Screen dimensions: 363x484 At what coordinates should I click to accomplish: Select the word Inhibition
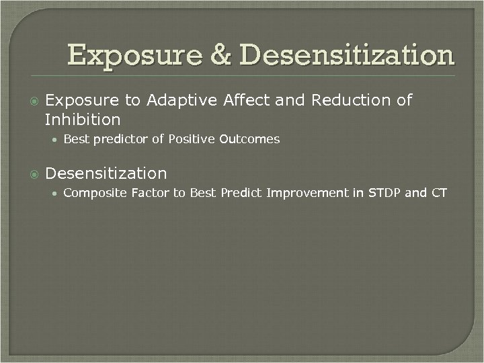click(x=82, y=120)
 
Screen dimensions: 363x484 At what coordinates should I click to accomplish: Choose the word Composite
click(x=92, y=194)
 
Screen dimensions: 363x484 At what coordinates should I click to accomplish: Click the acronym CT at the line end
click(x=439, y=194)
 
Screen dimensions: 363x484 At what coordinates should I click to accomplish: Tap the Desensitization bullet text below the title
click(x=106, y=173)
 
